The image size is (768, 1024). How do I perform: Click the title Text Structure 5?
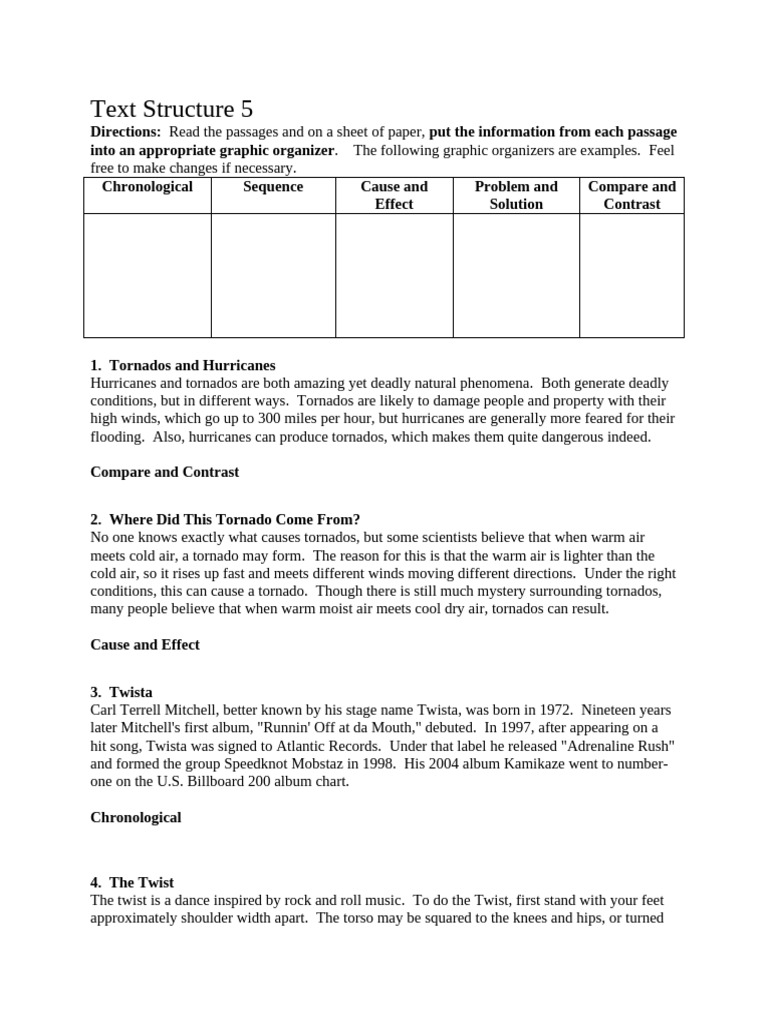[x=178, y=109]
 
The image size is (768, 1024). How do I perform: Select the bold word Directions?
[x=125, y=132]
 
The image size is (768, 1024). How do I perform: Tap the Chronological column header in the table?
[x=147, y=187]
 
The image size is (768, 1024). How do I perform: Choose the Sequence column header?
[x=273, y=187]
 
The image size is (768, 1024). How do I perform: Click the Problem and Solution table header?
[x=516, y=195]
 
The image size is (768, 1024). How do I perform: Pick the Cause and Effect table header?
[x=394, y=195]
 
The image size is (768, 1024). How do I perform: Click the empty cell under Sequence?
[x=273, y=275]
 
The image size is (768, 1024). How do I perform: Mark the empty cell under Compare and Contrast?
[x=631, y=275]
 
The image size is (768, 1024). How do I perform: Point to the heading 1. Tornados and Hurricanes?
[x=182, y=365]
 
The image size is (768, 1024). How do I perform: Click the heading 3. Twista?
[x=121, y=692]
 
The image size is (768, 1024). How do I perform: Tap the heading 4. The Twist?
[x=132, y=882]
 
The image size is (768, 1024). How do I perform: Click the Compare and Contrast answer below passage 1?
[x=165, y=471]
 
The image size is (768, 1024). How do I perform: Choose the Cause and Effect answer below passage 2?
[x=145, y=644]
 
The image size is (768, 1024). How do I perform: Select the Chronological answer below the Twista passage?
[x=136, y=817]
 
